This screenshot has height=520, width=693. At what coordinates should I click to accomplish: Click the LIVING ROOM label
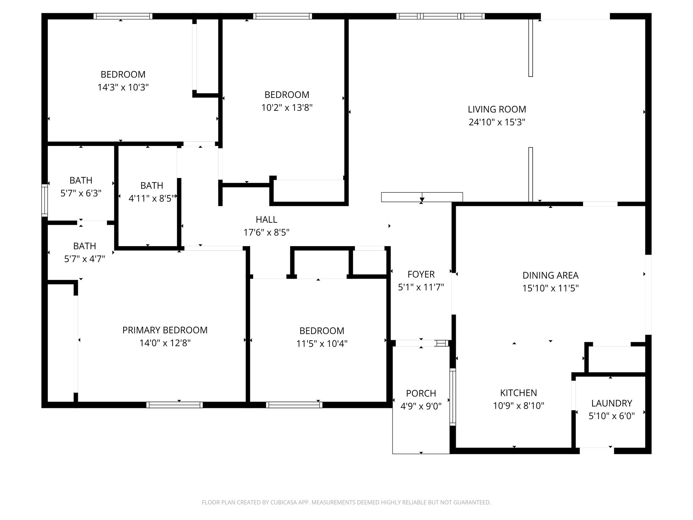click(x=497, y=109)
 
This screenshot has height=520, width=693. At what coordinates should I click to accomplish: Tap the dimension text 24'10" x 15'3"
click(x=497, y=122)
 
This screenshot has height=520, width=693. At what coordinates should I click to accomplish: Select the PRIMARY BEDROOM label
click(x=165, y=330)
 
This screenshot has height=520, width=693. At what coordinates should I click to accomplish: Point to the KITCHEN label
click(x=518, y=393)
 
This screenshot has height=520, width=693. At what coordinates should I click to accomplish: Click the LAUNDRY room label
click(x=611, y=403)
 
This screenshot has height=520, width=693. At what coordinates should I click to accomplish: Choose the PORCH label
click(x=421, y=393)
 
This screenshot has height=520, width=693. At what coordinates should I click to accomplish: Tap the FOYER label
click(x=421, y=274)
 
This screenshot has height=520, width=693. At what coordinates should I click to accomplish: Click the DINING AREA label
click(x=550, y=275)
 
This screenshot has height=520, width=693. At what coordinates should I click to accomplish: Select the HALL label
click(x=266, y=220)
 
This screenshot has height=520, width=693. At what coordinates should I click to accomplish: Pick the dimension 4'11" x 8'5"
click(x=152, y=198)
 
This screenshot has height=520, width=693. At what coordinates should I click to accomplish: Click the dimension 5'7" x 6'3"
click(x=81, y=193)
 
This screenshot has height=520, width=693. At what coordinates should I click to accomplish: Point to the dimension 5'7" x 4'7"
click(x=85, y=259)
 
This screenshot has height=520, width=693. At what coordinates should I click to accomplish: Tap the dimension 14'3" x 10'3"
click(x=123, y=87)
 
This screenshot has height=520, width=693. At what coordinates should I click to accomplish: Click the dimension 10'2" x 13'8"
click(x=287, y=108)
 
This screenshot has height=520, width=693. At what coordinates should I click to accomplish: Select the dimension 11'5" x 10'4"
click(x=322, y=344)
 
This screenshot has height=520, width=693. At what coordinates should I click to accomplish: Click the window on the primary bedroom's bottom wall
click(x=175, y=405)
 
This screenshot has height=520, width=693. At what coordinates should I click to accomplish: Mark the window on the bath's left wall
click(x=44, y=200)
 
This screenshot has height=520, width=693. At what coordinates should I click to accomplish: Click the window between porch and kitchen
click(x=452, y=397)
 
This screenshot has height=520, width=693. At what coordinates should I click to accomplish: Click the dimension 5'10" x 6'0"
click(x=611, y=416)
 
